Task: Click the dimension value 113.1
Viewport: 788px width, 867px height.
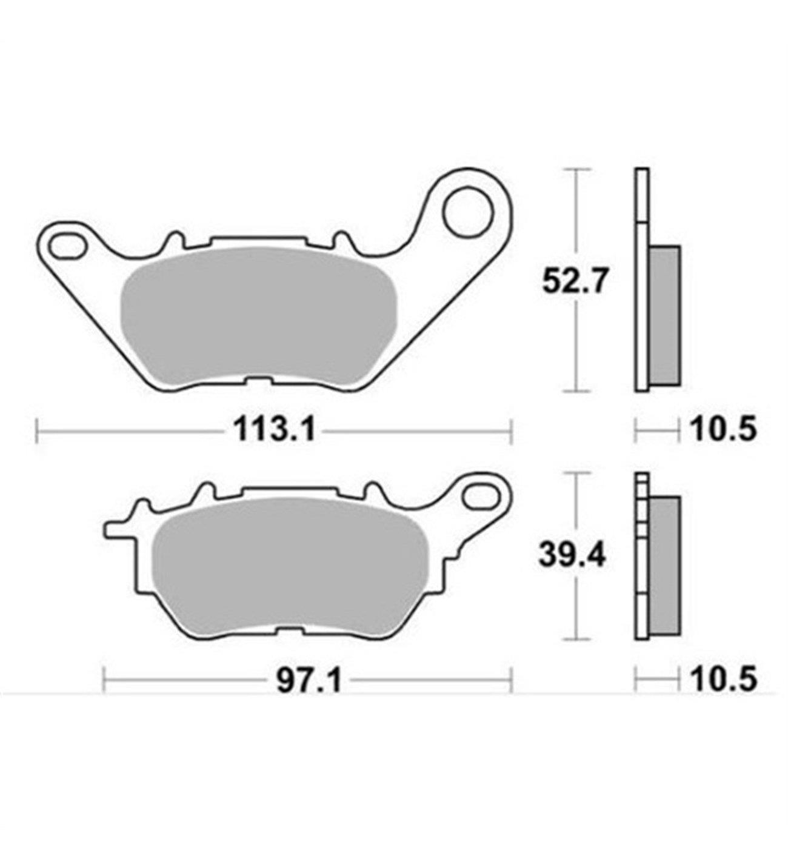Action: pos(274,431)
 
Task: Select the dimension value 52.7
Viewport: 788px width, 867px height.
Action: pos(573,282)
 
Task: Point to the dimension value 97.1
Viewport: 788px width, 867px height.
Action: pos(309,680)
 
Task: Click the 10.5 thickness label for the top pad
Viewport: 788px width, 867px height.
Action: pos(723,431)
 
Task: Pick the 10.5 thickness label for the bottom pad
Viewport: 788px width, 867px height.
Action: pos(723,680)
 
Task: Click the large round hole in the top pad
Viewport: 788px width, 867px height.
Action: pos(467,212)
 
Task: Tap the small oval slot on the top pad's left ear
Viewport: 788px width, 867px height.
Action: pos(67,247)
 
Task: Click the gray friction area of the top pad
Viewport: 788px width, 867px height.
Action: pos(258,315)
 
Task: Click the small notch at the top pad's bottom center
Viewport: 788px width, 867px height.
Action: pos(258,382)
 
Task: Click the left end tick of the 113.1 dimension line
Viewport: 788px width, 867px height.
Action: pos(38,432)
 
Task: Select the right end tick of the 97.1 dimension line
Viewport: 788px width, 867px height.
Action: pos(512,680)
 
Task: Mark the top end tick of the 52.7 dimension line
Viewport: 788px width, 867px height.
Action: pos(573,170)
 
